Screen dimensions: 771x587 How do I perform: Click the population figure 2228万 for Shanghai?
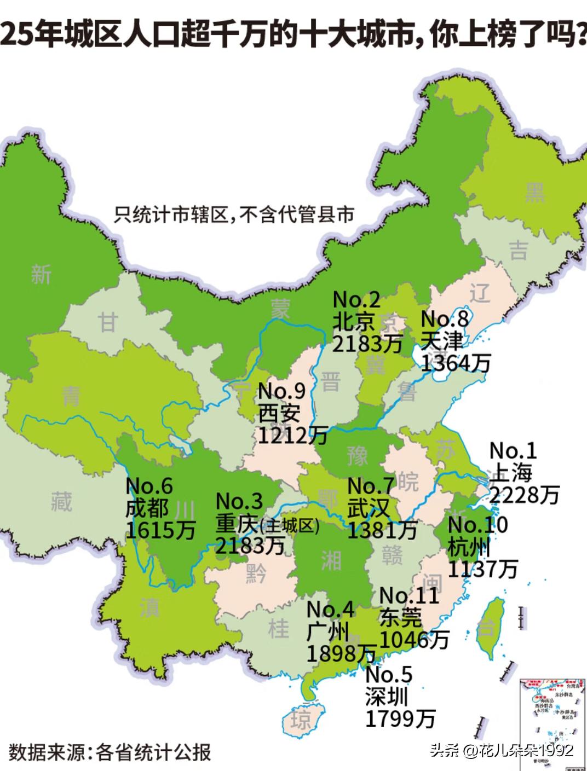(524, 495)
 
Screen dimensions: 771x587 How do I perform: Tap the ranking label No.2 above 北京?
(356, 299)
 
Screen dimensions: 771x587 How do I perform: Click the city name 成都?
(147, 508)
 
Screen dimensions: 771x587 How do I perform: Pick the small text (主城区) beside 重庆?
(289, 526)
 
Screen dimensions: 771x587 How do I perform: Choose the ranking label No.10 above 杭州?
(477, 525)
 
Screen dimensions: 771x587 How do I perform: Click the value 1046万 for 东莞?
(415, 639)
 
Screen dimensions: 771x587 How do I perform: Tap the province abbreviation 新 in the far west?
(42, 273)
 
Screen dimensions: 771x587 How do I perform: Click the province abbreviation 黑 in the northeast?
(535, 193)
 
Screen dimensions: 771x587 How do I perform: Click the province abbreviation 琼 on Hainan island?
(301, 720)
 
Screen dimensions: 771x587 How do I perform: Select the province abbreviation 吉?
(518, 251)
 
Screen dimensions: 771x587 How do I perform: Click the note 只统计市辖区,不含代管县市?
(234, 214)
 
